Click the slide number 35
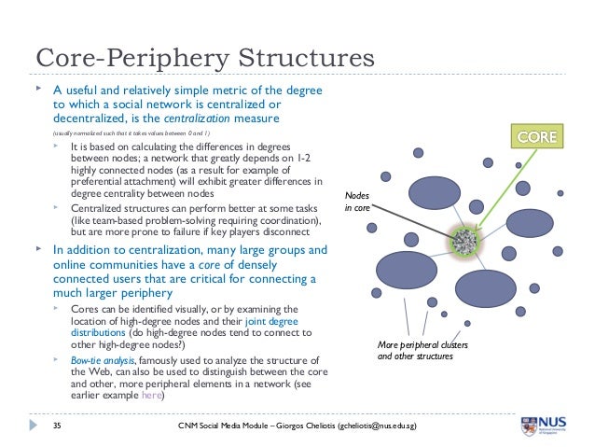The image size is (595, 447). click(x=57, y=426)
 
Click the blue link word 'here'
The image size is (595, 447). click(x=150, y=395)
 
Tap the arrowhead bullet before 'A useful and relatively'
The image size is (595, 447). click(x=38, y=90)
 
